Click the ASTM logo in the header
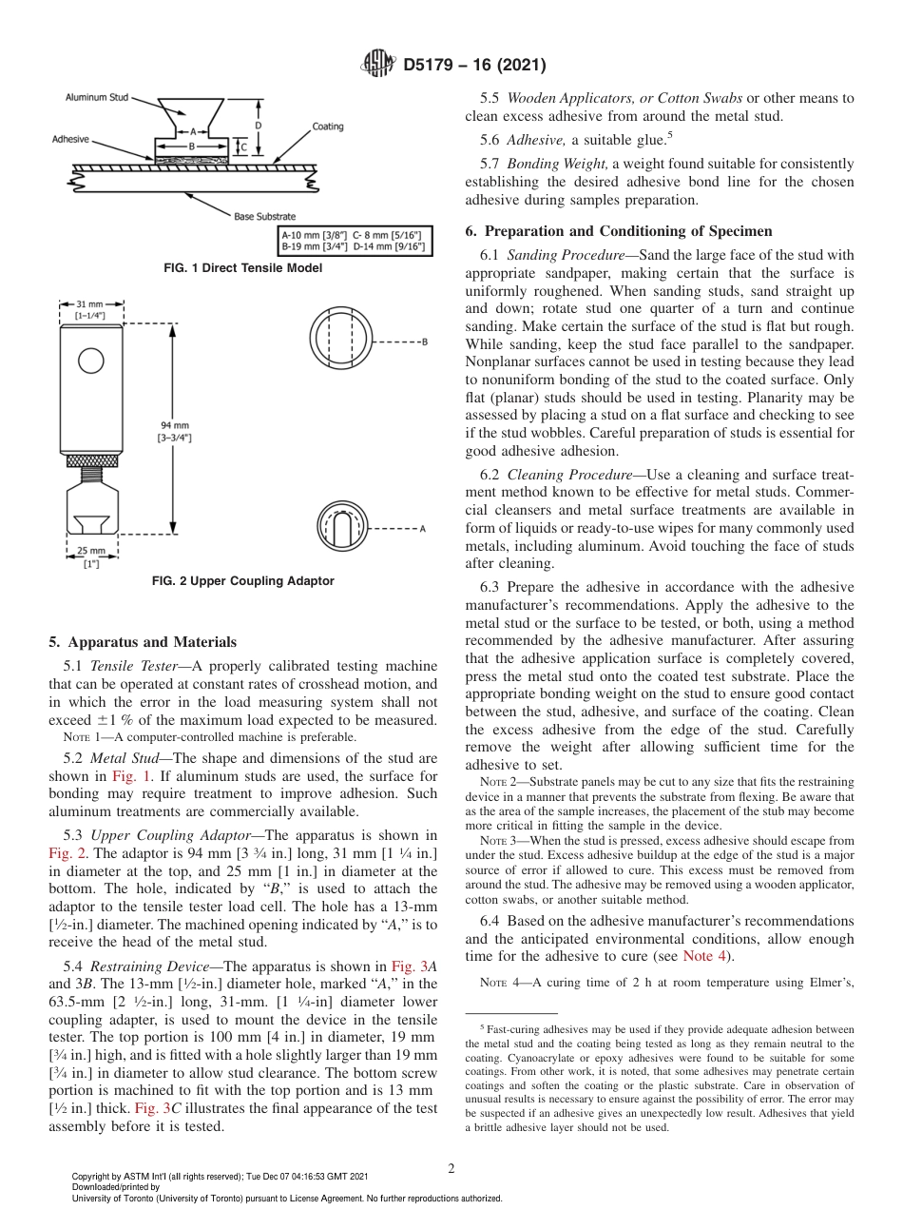point(377,65)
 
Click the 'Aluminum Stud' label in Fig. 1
point(95,97)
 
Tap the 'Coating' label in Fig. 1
point(328,127)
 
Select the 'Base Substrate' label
point(264,217)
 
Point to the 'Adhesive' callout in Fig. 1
point(70,139)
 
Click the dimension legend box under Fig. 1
point(353,240)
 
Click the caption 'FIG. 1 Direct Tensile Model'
point(243,268)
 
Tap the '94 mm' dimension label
point(175,425)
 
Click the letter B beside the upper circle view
point(424,341)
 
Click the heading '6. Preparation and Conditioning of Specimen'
point(619,231)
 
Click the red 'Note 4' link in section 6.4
point(704,956)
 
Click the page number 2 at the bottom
point(451,1168)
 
